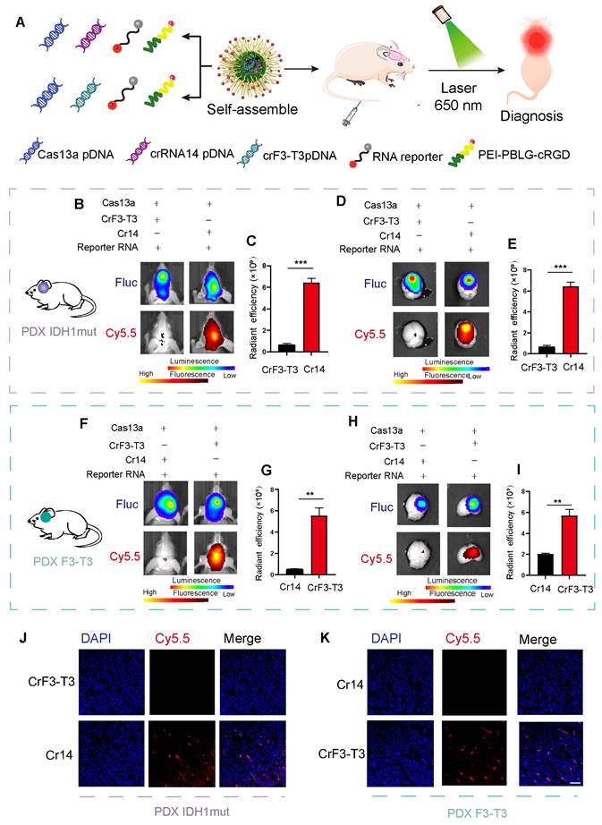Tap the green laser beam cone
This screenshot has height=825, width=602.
(x=463, y=50)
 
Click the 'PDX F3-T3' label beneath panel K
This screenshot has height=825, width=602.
(x=441, y=809)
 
